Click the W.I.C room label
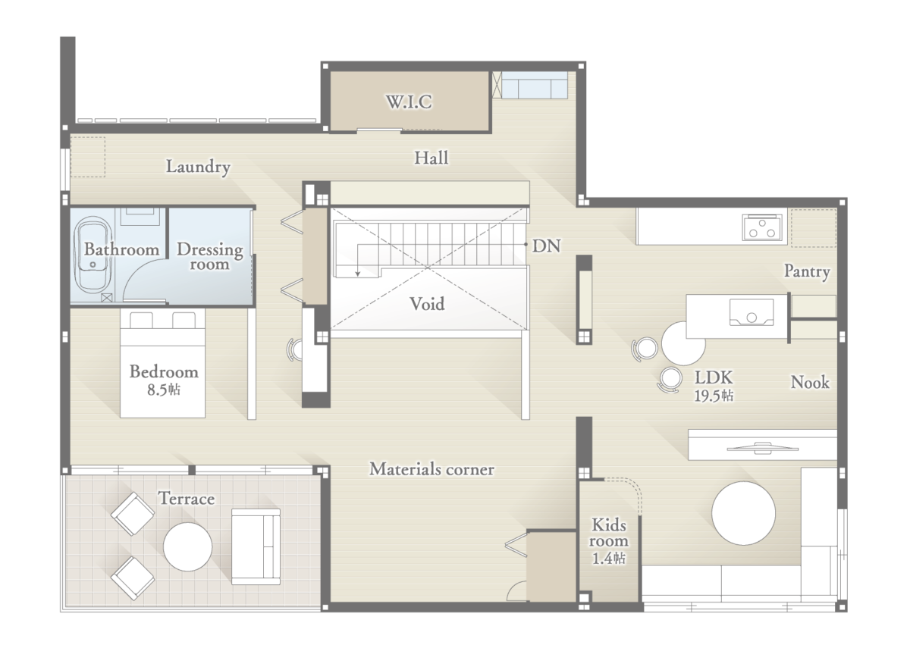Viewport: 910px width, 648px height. pos(409,102)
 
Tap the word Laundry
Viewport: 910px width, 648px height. pos(198,167)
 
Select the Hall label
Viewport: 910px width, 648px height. pos(431,158)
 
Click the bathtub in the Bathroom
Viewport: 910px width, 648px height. pos(93,255)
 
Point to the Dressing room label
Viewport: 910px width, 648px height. pos(209,257)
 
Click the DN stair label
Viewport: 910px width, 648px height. pos(546,246)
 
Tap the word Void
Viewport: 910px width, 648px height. pos(426,304)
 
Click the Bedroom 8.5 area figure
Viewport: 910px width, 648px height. pos(163,390)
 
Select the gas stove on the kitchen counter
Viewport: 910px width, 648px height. pos(762,227)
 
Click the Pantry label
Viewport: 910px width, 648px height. pos(807,271)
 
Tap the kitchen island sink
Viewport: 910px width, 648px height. pos(752,312)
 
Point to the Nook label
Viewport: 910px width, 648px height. pos(810,383)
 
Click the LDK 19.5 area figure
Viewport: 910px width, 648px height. pos(714,396)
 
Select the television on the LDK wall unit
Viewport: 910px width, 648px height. pos(763,448)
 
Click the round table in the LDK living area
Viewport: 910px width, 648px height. pos(743,513)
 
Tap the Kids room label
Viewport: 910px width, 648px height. pos(608,533)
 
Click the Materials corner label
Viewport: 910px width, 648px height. pos(431,469)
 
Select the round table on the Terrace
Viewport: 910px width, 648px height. pos(188,547)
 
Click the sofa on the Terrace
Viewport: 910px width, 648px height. pos(256,547)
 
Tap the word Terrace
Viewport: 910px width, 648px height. pos(187,499)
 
